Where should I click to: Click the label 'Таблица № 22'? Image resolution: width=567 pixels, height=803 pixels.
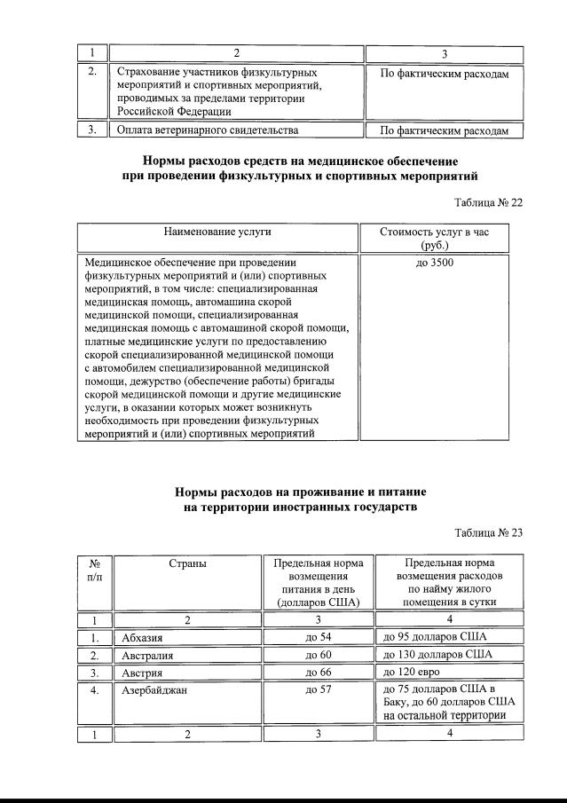(488, 202)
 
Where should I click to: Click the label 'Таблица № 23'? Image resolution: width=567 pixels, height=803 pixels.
(488, 532)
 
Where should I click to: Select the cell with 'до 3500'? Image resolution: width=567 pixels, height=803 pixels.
(434, 264)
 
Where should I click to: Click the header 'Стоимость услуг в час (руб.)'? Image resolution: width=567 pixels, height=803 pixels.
(434, 238)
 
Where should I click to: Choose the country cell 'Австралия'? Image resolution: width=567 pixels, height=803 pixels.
(147, 656)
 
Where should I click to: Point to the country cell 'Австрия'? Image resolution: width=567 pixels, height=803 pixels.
(142, 673)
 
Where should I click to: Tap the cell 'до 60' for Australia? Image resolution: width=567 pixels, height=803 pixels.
(318, 656)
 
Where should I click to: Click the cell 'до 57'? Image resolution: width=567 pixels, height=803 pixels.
(318, 689)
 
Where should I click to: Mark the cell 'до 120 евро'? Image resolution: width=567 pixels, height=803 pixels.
(409, 673)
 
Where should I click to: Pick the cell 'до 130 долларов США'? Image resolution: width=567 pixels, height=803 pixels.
(435, 656)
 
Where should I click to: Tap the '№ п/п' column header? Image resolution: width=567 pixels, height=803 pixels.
(94, 571)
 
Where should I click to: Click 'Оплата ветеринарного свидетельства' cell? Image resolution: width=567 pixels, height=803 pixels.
(207, 130)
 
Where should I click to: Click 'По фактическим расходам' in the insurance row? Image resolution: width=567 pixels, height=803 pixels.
(445, 75)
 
